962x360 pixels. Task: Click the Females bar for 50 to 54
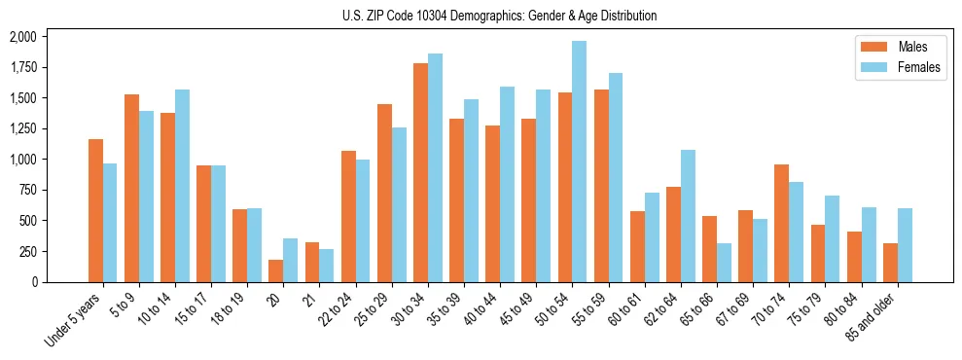pos(579,162)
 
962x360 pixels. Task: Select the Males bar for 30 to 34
pos(420,172)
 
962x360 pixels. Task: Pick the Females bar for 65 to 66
pos(724,263)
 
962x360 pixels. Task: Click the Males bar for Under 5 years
pos(95,210)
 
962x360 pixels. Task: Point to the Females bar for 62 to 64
pos(688,216)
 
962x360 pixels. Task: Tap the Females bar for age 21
pos(327,266)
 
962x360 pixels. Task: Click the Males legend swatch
pos(869,47)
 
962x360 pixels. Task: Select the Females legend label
pos(919,68)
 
